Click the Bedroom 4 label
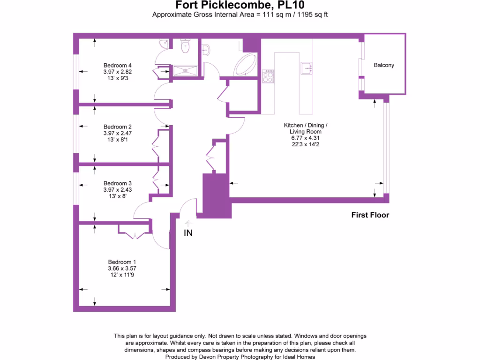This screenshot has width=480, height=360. [x=118, y=65]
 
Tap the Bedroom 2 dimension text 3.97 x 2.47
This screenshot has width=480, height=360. [x=118, y=133]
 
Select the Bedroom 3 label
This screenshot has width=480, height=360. [x=118, y=183]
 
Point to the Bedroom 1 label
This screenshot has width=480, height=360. [x=122, y=262]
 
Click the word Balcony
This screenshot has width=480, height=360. [x=384, y=66]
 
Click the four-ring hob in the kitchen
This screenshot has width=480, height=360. [x=268, y=76]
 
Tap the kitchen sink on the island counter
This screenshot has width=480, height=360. [x=307, y=68]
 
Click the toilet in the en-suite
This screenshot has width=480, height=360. [x=185, y=46]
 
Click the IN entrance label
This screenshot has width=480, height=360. [x=187, y=232]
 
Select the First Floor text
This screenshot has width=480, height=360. [x=370, y=215]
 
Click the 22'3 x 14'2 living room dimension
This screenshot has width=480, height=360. [x=305, y=144]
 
